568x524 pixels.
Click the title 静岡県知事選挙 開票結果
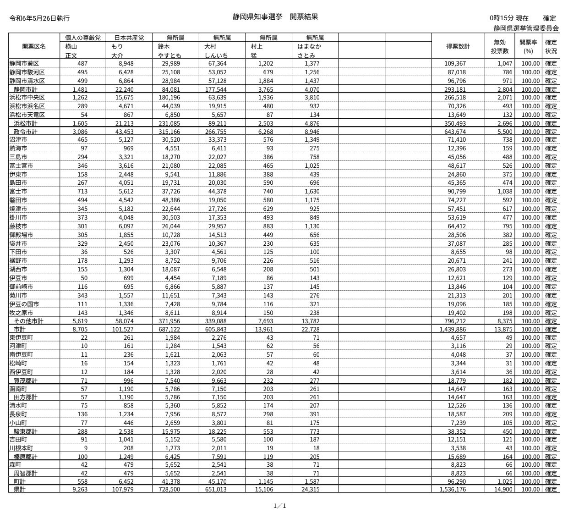coord(275,17)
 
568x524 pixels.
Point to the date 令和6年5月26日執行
coord(39,19)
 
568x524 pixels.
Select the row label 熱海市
coord(18,149)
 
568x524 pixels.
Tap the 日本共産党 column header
coord(129,38)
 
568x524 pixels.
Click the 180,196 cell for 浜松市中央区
coord(170,98)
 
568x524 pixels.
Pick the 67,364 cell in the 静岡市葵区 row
coord(217,63)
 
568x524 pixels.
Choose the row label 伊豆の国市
coord(24,304)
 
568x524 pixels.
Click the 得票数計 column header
coord(458,46)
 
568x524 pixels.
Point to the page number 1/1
coord(279,506)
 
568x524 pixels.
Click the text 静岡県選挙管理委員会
coord(526,28)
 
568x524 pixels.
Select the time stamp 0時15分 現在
coord(508,18)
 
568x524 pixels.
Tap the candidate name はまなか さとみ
coord(309,50)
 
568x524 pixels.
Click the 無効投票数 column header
coord(500,46)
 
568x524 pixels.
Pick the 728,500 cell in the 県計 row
coord(170,490)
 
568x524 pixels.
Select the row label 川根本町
coord(21,448)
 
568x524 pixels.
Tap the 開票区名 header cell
coord(34,46)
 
